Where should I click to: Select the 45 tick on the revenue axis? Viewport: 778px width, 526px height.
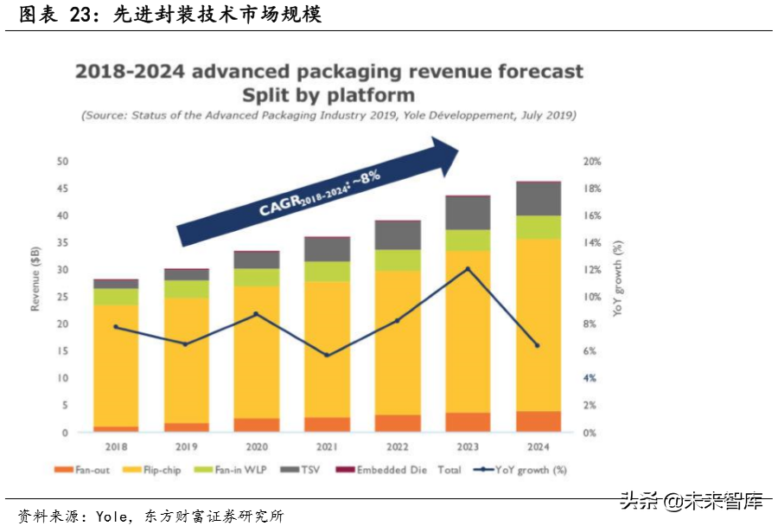pyautogui.click(x=62, y=189)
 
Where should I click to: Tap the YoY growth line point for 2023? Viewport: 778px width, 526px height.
pyautogui.click(x=468, y=269)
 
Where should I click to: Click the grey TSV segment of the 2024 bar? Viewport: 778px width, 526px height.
pyautogui.click(x=539, y=199)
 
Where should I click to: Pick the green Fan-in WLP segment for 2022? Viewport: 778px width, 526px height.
pyautogui.click(x=398, y=260)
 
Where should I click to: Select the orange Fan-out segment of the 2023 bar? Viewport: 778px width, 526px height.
pyautogui.click(x=468, y=422)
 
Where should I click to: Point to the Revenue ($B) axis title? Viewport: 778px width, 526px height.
pyautogui.click(x=36, y=277)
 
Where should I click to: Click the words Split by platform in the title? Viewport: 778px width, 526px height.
pyautogui.click(x=329, y=94)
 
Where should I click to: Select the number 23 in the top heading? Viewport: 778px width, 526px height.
pyautogui.click(x=82, y=15)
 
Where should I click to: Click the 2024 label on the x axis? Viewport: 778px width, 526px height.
pyautogui.click(x=539, y=446)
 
